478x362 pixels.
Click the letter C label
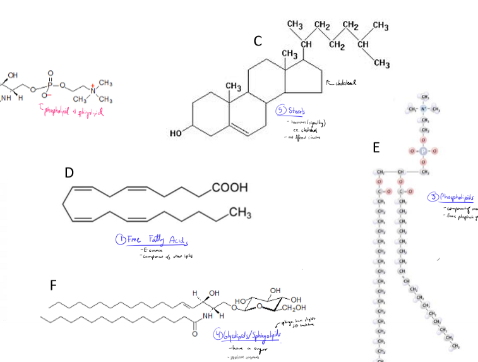tap(258, 42)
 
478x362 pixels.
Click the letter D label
tap(69, 172)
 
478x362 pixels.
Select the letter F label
tap(56, 286)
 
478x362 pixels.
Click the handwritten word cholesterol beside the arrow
tap(349, 82)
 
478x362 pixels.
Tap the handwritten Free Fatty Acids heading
tap(152, 240)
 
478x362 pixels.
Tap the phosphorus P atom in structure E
tap(424, 152)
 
